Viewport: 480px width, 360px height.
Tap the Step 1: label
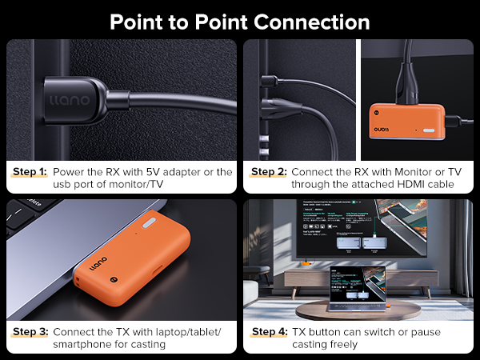(x=30, y=172)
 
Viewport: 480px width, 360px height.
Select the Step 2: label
(x=268, y=172)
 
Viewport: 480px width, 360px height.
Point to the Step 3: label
(x=30, y=331)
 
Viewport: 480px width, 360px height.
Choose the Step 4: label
(x=268, y=331)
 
